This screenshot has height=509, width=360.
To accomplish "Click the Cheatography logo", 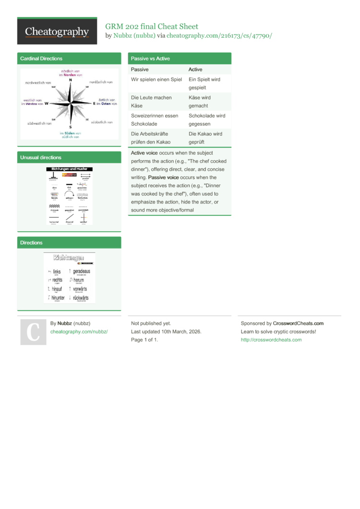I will pos(57,31).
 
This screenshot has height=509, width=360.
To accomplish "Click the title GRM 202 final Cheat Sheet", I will pos(152,26).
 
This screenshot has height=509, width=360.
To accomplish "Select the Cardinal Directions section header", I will pos(41,59).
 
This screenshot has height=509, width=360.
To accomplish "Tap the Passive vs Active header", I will pos(150,59).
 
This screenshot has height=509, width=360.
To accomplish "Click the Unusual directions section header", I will pos(41,157).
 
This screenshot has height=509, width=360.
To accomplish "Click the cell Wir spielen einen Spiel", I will pos(156,80).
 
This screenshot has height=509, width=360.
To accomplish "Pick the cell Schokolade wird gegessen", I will pos(207,119).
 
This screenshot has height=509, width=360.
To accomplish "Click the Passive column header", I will pos(140,70).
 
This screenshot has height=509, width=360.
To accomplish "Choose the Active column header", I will pos(195,70).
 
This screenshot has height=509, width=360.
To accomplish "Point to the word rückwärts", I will pos(80,297).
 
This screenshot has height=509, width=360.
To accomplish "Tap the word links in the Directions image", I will pos(57,272).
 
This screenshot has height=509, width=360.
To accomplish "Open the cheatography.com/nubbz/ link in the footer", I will pos(79,331).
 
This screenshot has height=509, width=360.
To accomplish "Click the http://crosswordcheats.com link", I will pos(271,340).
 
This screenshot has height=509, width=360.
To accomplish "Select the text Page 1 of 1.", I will pos(144,340).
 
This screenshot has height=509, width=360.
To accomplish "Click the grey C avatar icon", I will pos(33,332).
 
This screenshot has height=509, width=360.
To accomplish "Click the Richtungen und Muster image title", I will pos(70,169).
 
